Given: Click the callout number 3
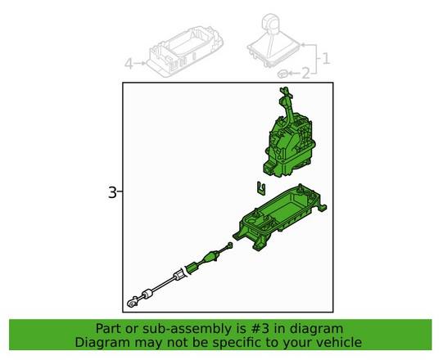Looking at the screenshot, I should (112, 193).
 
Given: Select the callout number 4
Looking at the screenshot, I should (128, 63).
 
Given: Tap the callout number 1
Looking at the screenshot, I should (325, 58).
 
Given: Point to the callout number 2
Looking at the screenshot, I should (305, 74).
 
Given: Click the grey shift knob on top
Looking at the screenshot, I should (271, 22).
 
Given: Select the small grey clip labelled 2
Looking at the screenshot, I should (283, 74).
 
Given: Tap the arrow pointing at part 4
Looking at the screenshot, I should (140, 63).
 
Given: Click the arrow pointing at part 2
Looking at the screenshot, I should (294, 74).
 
